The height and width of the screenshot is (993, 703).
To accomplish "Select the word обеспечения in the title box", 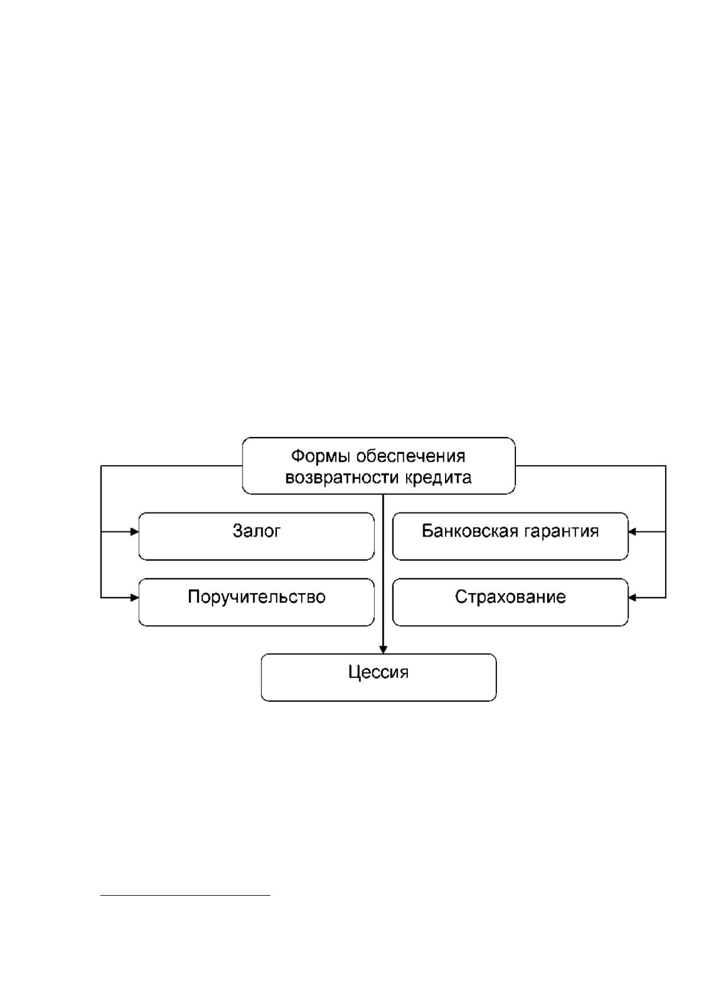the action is click(411, 456).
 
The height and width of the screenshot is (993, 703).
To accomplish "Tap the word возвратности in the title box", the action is click(342, 478).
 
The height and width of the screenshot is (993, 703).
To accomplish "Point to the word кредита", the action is click(438, 478).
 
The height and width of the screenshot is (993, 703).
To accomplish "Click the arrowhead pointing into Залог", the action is click(135, 531).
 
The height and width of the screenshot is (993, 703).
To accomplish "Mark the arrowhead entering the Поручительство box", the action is click(135, 597).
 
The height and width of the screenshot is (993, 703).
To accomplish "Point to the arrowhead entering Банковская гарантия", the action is click(633, 531).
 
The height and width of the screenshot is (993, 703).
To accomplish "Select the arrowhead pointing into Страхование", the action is click(633, 597).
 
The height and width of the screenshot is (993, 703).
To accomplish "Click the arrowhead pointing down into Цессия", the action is click(384, 649).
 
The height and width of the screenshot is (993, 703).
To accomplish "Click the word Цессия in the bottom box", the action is click(378, 672).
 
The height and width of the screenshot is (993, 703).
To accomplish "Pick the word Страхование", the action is click(511, 597).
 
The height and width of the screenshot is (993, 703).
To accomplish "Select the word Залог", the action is click(257, 531).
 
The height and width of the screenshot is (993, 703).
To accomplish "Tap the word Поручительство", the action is click(257, 597).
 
